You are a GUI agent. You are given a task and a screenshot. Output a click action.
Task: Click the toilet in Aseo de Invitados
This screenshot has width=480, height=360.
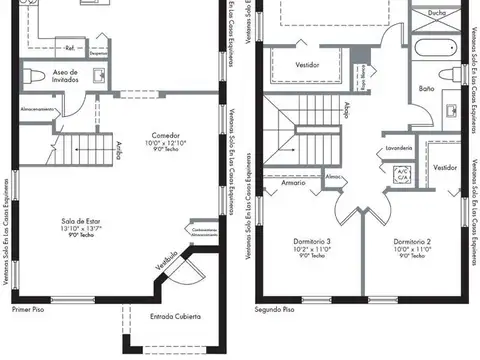tap(34, 76)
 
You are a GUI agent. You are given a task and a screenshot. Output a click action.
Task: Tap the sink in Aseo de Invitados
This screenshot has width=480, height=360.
tap(100, 76)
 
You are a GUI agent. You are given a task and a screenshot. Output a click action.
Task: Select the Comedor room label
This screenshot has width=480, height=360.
tap(166, 135)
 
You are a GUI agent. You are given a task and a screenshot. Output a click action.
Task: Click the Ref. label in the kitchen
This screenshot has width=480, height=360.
tap(70, 46)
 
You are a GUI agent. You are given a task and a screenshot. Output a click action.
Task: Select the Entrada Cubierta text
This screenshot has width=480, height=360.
tap(175, 317)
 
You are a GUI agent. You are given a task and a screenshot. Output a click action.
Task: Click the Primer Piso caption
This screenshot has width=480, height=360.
tap(29, 310)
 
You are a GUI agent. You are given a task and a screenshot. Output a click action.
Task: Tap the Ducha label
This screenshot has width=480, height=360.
tap(436, 13)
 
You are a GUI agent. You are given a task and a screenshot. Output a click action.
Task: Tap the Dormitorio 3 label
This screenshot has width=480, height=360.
tap(315, 241)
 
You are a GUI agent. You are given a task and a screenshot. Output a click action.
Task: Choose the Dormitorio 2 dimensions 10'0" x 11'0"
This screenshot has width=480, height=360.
tap(411, 249)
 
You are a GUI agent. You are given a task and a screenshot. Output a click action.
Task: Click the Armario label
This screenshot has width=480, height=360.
tap(293, 183)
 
